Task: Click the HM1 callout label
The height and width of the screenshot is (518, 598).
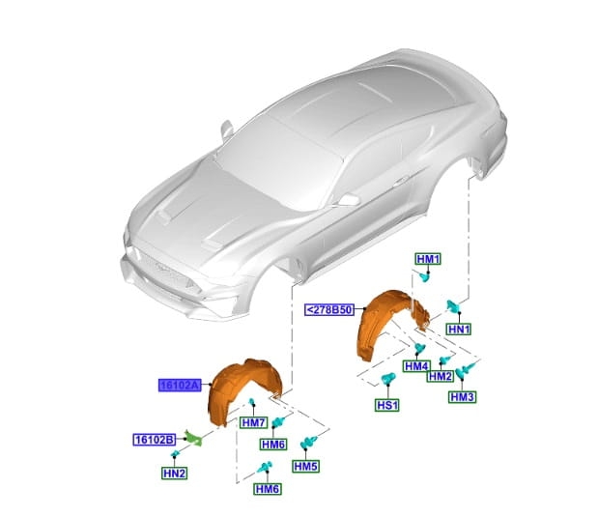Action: click(x=428, y=259)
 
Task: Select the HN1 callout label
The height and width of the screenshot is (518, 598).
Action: click(x=459, y=329)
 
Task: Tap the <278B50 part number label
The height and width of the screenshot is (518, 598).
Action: click(x=329, y=309)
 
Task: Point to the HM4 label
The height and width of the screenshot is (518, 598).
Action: click(x=416, y=366)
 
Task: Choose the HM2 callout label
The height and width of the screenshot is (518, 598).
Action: click(x=441, y=376)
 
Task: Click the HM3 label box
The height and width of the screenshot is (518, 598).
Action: click(x=462, y=396)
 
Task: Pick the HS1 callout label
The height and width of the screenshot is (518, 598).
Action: click(x=387, y=405)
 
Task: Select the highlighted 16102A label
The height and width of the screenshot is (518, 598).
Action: click(x=180, y=386)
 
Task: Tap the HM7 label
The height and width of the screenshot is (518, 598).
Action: click(x=254, y=422)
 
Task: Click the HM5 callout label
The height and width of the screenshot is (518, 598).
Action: click(x=306, y=466)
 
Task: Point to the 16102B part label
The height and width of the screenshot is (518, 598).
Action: click(x=155, y=440)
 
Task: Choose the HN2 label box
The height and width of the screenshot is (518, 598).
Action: click(x=174, y=474)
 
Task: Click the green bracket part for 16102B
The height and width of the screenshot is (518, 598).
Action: click(x=194, y=438)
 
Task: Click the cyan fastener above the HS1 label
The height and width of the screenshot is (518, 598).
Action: click(x=387, y=379)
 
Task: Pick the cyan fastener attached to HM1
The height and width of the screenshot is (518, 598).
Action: click(x=424, y=276)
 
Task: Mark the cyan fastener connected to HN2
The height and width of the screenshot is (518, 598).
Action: click(x=175, y=453)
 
